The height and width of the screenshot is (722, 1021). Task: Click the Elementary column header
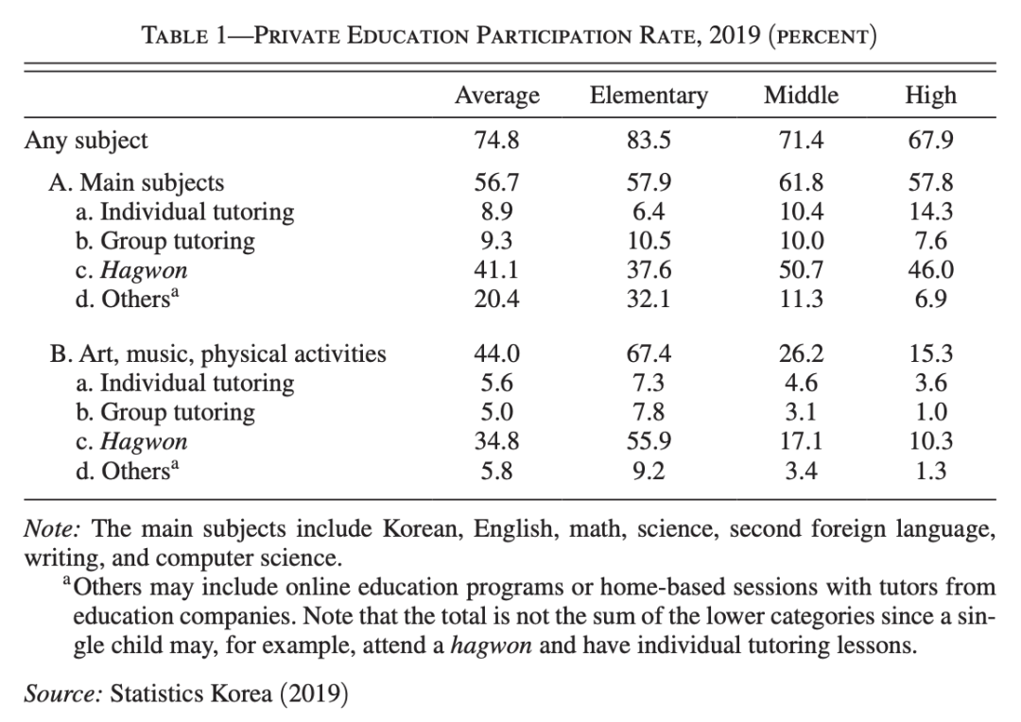tap(648, 95)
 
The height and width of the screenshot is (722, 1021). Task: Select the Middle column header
tap(801, 95)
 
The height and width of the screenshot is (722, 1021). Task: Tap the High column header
tap(930, 95)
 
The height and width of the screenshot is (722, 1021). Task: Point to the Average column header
tap(497, 95)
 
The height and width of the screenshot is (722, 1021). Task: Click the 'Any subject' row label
tap(86, 142)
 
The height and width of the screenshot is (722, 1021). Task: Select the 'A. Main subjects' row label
tap(137, 182)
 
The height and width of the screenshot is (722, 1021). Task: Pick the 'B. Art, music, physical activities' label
tap(217, 354)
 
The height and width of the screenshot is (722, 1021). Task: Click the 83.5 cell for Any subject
tap(648, 142)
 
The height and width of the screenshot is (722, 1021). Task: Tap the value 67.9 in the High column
tap(930, 142)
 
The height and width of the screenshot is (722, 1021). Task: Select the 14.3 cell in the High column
tap(930, 212)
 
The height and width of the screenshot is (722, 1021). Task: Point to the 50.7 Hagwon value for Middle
tap(801, 270)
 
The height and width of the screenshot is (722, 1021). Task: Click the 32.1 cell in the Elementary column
tap(648, 300)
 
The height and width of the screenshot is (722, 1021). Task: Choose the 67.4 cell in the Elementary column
tap(648, 354)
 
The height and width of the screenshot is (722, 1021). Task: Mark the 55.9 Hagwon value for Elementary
tap(648, 442)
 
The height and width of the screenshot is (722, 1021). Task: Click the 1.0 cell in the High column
tap(930, 413)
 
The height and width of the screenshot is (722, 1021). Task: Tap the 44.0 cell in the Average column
tap(497, 354)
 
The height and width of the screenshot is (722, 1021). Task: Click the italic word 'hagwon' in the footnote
tap(488, 648)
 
